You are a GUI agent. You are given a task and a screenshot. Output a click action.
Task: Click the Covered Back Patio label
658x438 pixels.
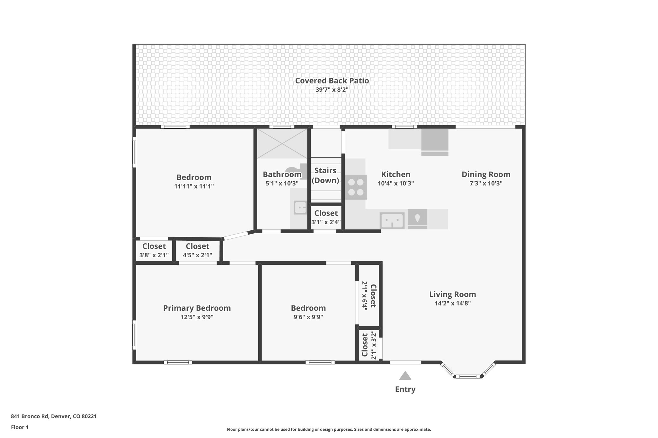point(332,81)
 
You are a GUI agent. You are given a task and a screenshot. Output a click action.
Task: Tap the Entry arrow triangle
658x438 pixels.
point(405,376)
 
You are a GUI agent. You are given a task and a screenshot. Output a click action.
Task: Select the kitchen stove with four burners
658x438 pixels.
point(356,187)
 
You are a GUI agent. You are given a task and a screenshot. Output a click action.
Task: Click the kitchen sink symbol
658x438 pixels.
point(392,220)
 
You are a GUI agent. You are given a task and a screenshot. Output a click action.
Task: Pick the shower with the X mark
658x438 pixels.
point(282,143)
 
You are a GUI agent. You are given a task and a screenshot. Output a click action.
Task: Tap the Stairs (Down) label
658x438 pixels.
point(325,175)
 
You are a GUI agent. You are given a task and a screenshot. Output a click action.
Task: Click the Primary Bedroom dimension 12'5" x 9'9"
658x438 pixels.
point(197,317)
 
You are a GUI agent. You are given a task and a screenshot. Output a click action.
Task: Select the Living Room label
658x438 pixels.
point(452,294)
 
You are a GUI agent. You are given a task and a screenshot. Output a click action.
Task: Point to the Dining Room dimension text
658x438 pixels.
point(486,184)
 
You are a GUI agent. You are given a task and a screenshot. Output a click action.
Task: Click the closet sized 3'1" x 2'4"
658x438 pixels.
point(326,217)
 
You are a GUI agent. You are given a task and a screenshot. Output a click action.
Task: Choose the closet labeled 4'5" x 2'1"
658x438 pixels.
point(197,250)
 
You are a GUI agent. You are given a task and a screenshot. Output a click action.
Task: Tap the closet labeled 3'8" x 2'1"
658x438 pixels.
point(154,250)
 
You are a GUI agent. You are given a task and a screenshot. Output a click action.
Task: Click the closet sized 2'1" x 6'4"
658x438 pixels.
point(369,296)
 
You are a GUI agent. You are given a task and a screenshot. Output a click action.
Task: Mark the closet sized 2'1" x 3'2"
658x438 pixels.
point(369,345)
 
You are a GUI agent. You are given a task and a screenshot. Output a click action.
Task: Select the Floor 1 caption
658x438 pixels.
point(20,427)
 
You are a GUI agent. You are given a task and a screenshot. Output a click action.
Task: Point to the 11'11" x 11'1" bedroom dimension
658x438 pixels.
point(194,186)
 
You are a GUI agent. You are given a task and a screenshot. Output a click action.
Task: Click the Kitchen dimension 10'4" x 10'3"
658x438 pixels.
point(396,184)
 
